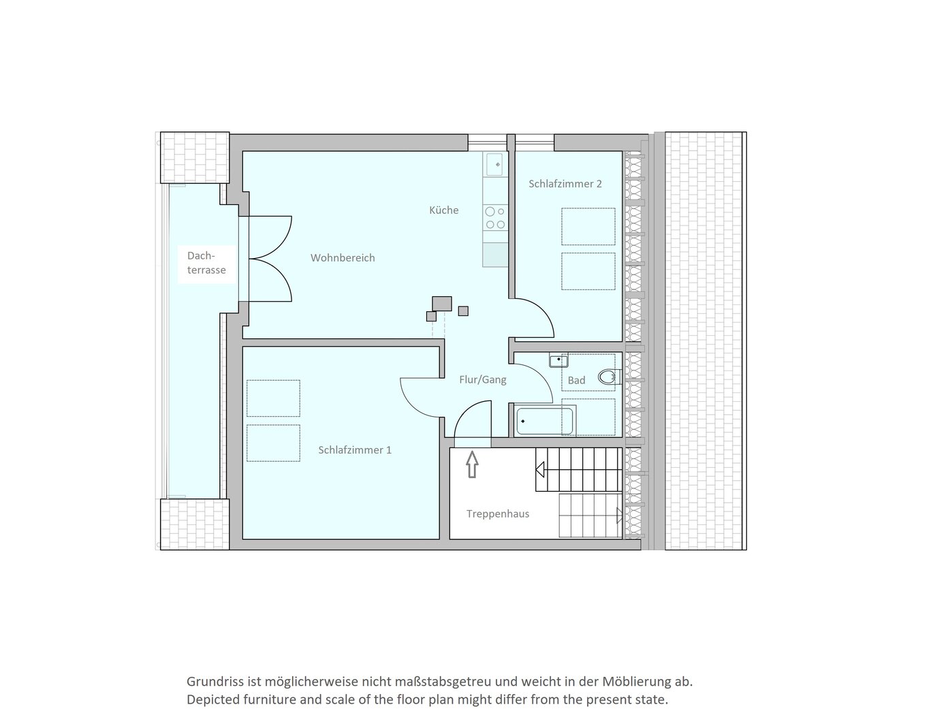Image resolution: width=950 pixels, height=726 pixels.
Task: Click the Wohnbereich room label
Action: tap(343, 258)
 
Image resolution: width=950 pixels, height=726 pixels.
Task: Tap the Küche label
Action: tap(443, 210)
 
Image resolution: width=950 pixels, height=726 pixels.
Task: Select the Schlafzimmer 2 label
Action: tap(565, 184)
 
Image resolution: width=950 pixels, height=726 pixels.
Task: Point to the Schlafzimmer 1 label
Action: tap(355, 450)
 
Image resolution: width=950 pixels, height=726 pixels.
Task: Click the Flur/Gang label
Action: tap(483, 379)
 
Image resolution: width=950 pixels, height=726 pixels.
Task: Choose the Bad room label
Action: tap(576, 380)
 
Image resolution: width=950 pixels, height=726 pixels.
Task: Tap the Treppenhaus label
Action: tap(498, 514)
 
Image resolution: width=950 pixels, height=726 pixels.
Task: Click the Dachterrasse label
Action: tap(206, 263)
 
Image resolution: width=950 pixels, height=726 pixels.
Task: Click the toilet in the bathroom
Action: tap(609, 377)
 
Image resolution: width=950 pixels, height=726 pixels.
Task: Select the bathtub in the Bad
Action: tap(545, 421)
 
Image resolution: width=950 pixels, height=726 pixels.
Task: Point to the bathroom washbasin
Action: tap(558, 360)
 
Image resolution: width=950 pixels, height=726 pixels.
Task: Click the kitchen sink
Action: tap(494, 164)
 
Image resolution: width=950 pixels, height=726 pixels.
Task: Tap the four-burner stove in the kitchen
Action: tap(495, 218)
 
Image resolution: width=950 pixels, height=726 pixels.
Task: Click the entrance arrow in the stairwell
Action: tap(472, 464)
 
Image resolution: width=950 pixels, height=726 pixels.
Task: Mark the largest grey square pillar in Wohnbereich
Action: tap(442, 304)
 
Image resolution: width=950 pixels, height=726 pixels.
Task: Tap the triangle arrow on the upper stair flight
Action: tap(540, 469)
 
